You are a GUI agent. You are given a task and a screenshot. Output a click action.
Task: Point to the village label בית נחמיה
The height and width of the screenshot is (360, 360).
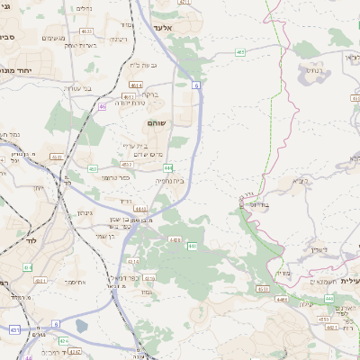pyautogui.click(x=170, y=180)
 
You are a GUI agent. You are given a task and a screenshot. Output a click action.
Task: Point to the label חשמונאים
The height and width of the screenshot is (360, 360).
pyautogui.click(x=319, y=283)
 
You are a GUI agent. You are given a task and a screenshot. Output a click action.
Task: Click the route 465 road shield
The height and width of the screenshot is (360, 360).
pyautogui.click(x=240, y=52)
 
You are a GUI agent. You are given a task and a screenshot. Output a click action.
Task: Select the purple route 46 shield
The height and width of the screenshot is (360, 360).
pyautogui.click(x=103, y=106)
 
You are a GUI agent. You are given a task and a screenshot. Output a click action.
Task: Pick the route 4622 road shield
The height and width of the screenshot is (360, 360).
pyautogui.click(x=85, y=31)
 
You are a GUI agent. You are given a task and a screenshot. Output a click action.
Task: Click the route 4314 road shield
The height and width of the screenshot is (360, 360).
pyautogui.click(x=133, y=262)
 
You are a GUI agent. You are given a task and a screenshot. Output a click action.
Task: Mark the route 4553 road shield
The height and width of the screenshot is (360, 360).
pyautogui.click(x=262, y=289)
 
